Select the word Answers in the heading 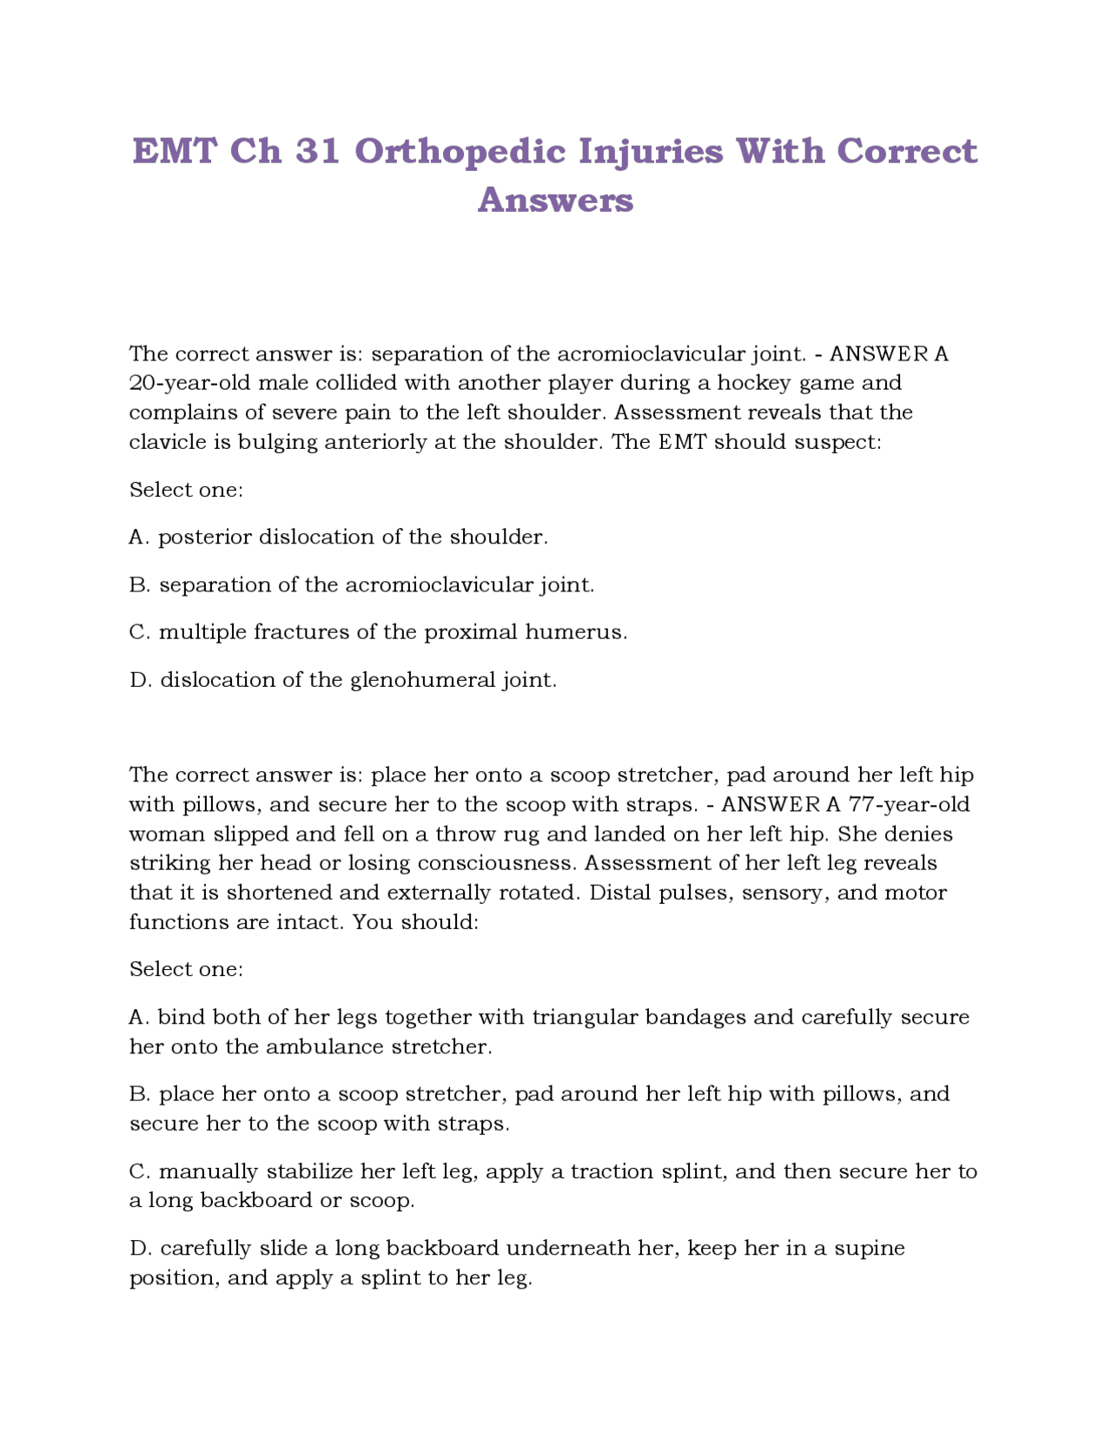(555, 201)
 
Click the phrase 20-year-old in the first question (190, 383)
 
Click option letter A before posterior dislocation (137, 538)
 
